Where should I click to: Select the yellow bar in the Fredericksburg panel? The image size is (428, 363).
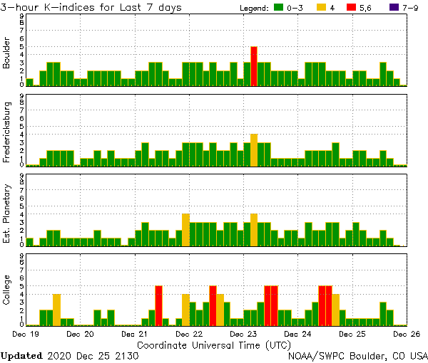click(254, 150)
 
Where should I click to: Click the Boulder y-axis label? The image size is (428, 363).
click(7, 54)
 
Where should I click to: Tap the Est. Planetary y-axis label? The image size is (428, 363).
click(7, 213)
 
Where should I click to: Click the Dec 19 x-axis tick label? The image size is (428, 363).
click(24, 333)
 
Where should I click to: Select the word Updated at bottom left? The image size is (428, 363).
click(21, 355)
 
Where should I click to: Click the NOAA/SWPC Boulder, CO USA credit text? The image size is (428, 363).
click(357, 355)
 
